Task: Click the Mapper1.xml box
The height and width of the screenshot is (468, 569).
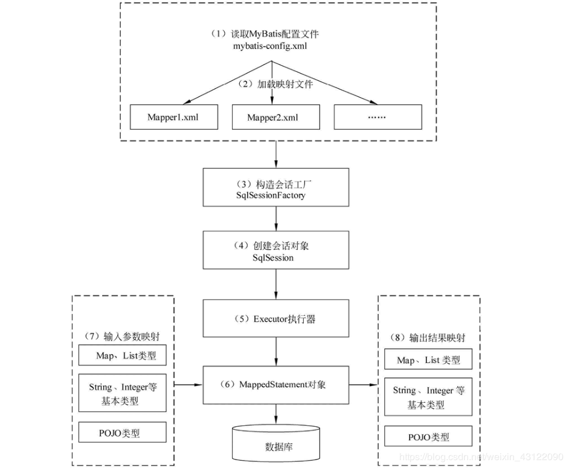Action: tap(172, 117)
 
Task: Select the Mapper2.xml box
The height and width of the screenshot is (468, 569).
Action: tap(274, 117)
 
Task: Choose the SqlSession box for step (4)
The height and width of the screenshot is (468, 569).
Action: tap(277, 250)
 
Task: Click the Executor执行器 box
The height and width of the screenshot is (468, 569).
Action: tap(277, 319)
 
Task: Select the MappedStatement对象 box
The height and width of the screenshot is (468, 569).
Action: tap(277, 384)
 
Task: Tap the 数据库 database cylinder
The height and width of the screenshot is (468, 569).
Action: tap(277, 444)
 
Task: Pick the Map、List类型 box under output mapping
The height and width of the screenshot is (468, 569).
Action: tap(428, 360)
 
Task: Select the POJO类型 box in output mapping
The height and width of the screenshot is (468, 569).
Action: tap(428, 437)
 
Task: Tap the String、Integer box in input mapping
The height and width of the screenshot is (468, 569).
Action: tap(123, 393)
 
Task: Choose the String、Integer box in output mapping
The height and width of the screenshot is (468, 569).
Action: tap(428, 397)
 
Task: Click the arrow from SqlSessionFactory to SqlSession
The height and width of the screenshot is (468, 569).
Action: tap(277, 219)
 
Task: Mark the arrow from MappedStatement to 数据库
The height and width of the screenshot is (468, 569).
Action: tap(277, 413)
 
